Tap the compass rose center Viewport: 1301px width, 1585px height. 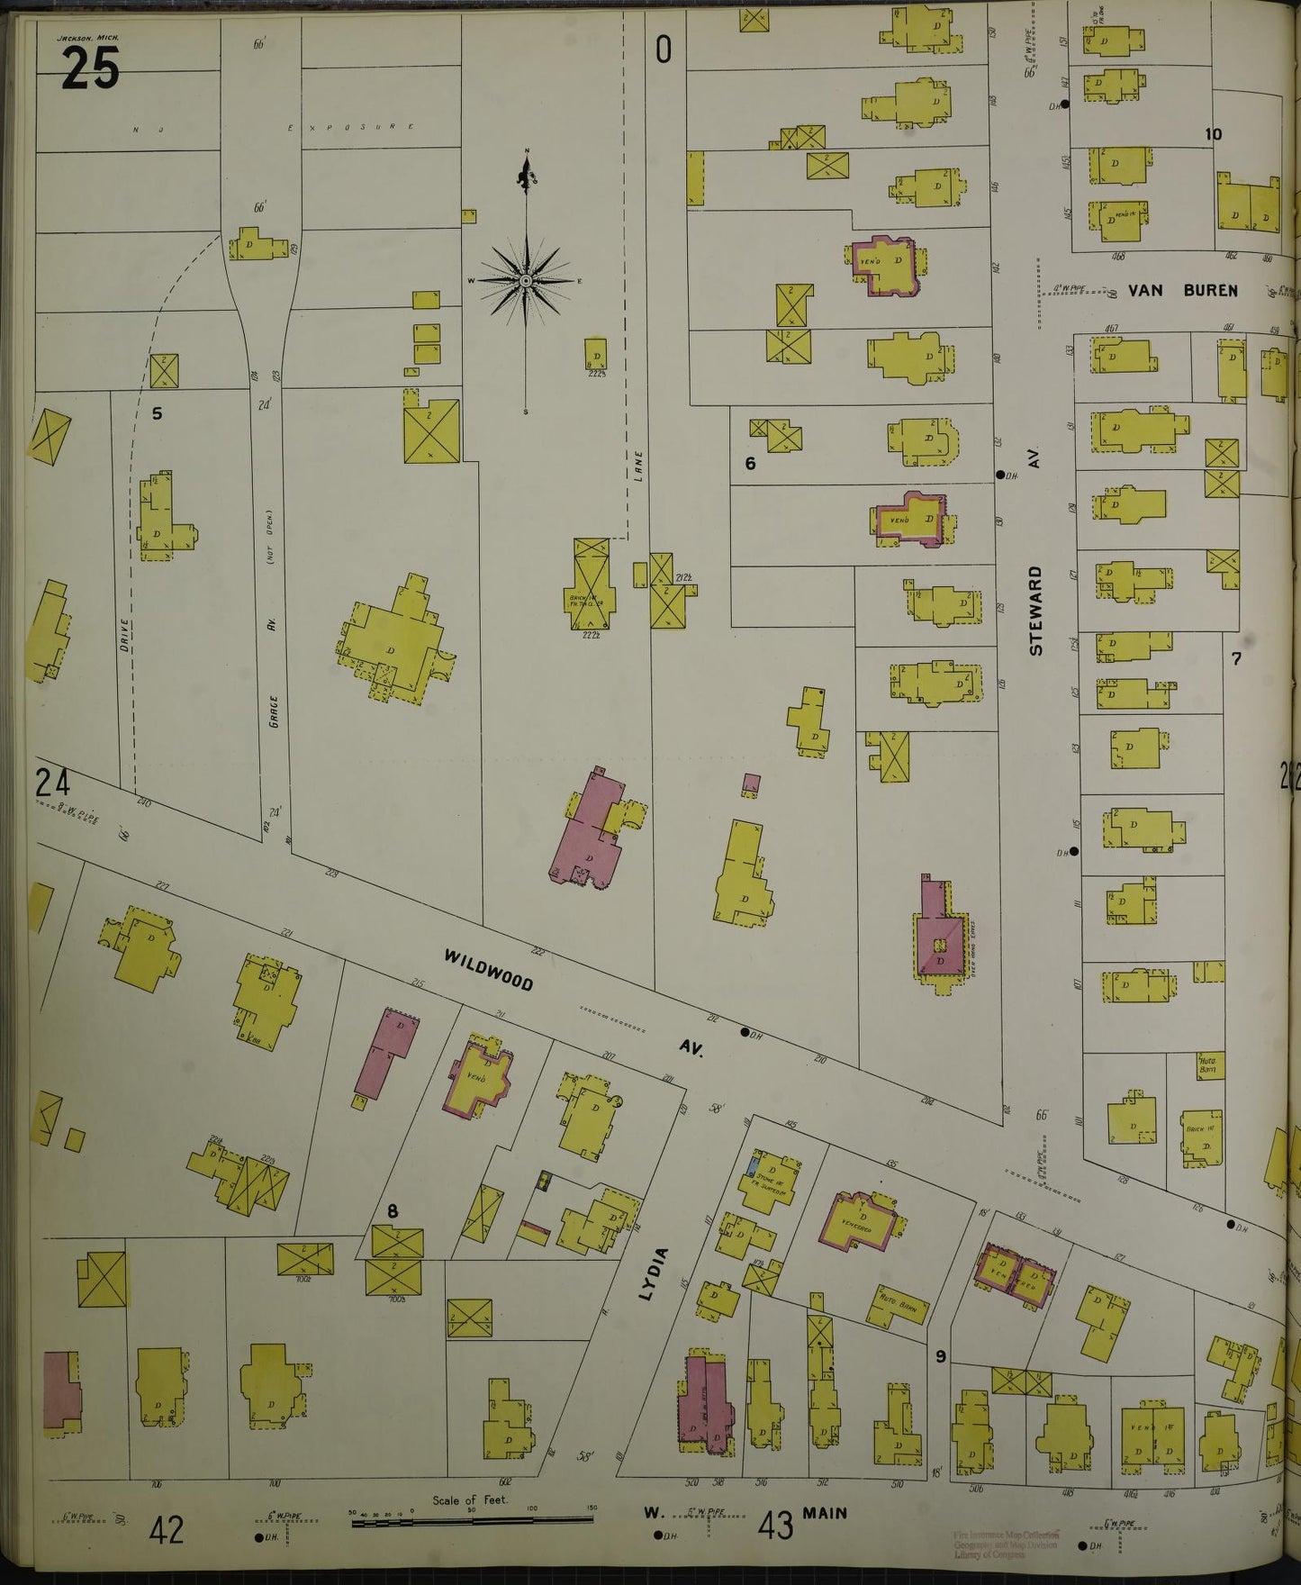tap(525, 282)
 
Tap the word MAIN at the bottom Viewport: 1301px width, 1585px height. tap(826, 1513)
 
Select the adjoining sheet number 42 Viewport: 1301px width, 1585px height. tap(168, 1529)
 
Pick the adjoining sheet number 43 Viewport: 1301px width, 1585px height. tap(776, 1526)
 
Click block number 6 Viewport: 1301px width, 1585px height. tap(749, 464)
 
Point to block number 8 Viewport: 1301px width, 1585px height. tap(393, 1211)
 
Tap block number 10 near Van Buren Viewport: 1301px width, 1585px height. tap(1213, 134)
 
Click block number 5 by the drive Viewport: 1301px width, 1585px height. tap(157, 414)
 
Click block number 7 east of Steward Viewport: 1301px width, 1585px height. tap(1236, 659)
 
